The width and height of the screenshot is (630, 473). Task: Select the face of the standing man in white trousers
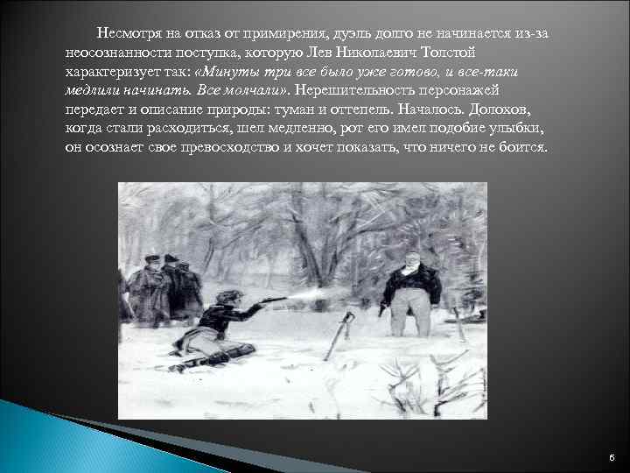click(x=407, y=260)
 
